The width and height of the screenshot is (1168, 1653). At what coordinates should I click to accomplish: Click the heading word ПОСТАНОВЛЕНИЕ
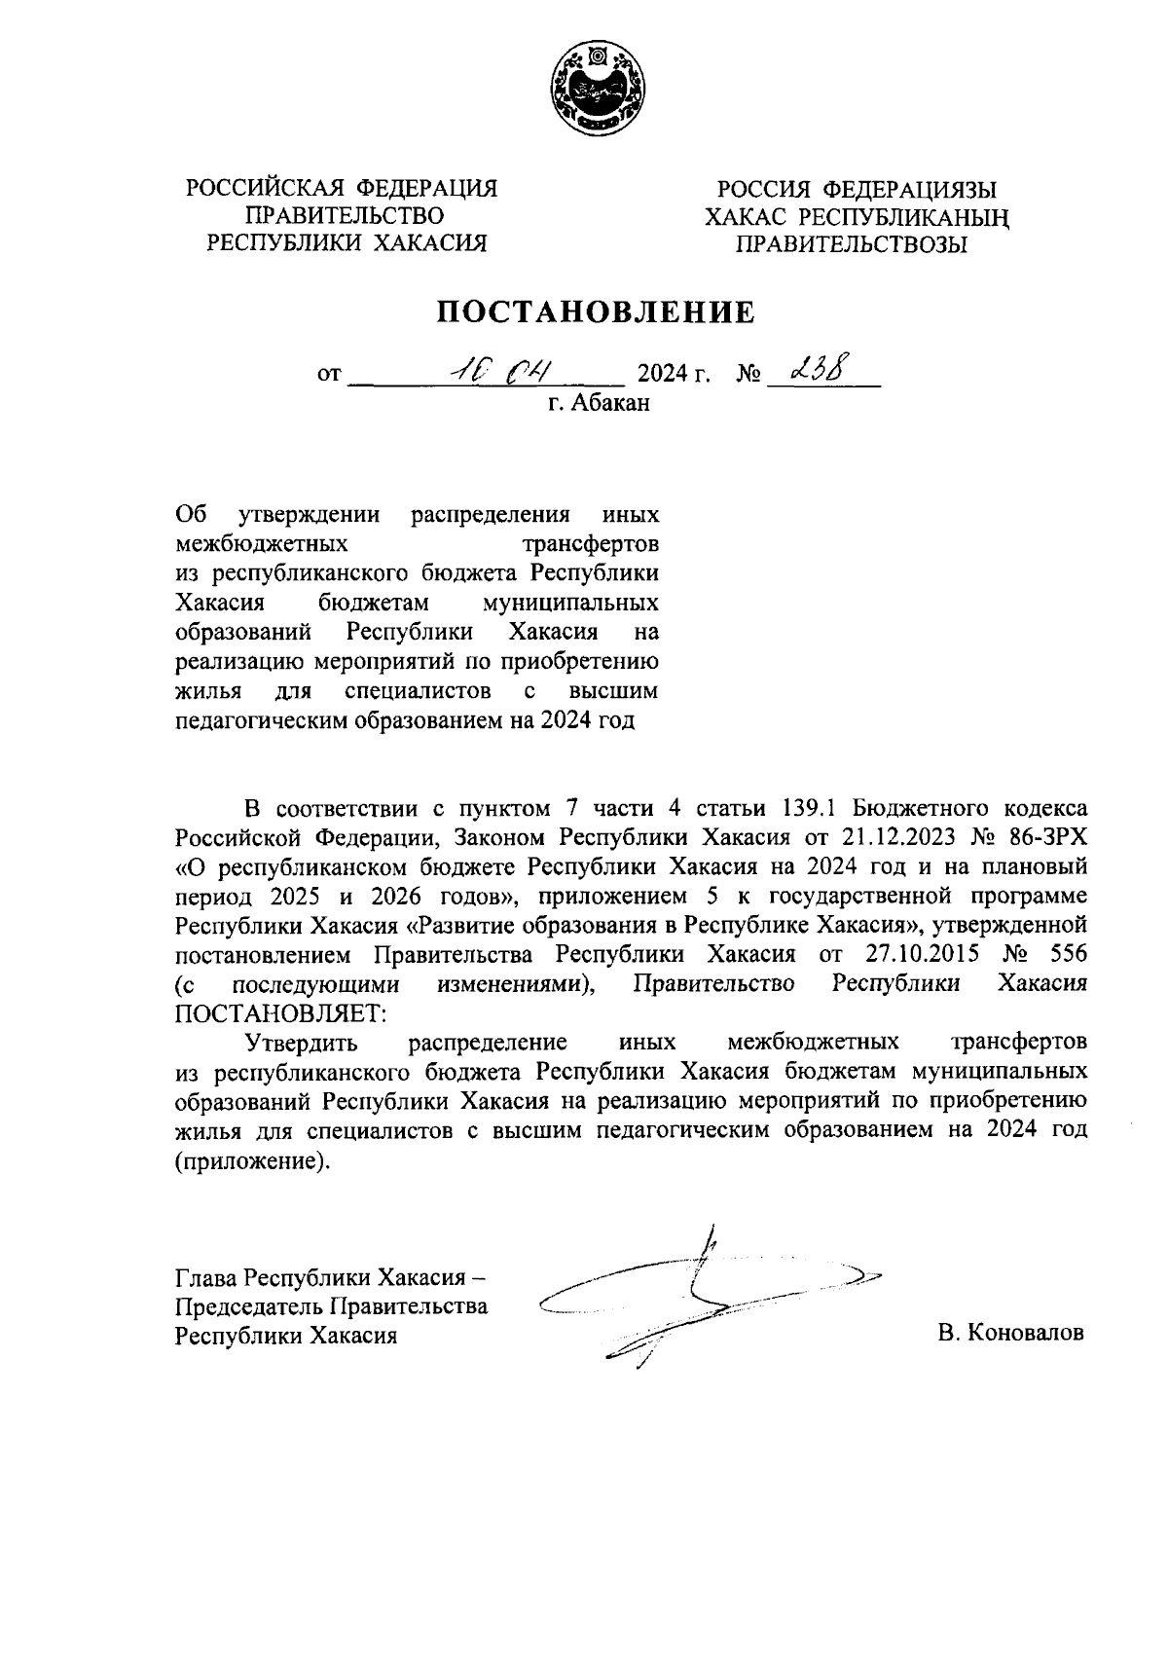[x=595, y=312]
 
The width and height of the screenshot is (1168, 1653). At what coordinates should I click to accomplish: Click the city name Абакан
[x=610, y=403]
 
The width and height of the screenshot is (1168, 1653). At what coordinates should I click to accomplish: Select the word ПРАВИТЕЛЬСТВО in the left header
[x=346, y=215]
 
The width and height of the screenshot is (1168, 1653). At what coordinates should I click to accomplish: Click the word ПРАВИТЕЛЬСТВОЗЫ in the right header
[x=851, y=244]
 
